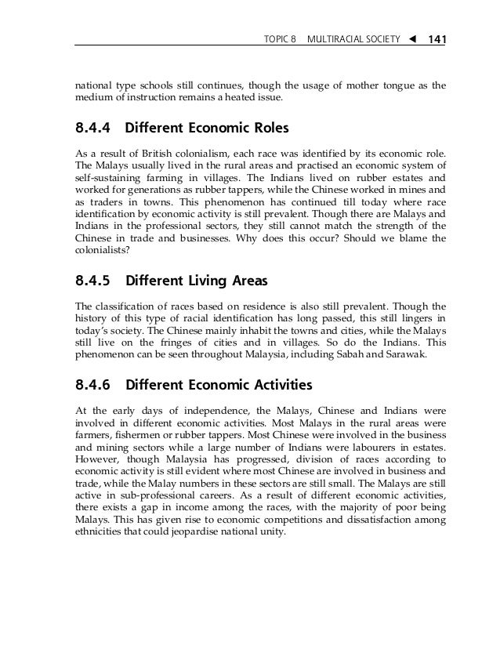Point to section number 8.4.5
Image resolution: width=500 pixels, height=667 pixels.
point(92,279)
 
